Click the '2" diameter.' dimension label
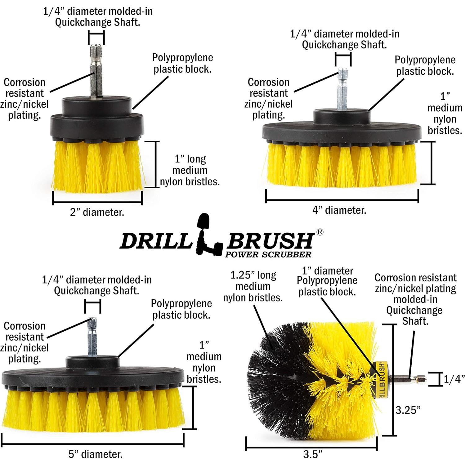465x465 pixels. (x=97, y=212)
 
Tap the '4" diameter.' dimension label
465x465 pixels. (x=339, y=210)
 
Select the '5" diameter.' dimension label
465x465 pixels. (x=95, y=454)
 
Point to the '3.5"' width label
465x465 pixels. (x=312, y=455)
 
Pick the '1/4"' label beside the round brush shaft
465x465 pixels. (x=454, y=379)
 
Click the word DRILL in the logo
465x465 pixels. (x=155, y=240)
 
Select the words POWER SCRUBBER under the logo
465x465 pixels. (x=268, y=255)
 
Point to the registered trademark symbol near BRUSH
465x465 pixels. (x=320, y=232)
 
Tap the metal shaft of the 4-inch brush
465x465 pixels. (x=342, y=90)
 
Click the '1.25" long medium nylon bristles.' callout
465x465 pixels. (x=253, y=286)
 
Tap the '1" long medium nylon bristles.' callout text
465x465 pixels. (x=190, y=170)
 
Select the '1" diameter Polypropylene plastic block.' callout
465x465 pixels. (x=327, y=281)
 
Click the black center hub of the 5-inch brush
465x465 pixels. (x=92, y=362)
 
